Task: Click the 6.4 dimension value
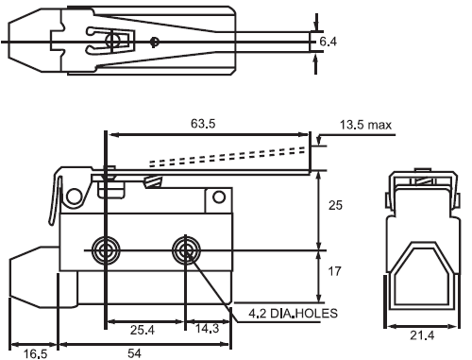(x=328, y=42)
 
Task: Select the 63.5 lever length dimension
(x=203, y=124)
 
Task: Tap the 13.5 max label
(x=365, y=125)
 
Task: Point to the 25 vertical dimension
(x=335, y=205)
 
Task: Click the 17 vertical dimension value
(x=334, y=271)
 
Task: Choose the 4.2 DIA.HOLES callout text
(x=293, y=313)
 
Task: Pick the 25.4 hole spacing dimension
(x=143, y=330)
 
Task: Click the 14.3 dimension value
(x=207, y=329)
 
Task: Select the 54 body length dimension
(x=134, y=353)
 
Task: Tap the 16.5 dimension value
(x=36, y=353)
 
